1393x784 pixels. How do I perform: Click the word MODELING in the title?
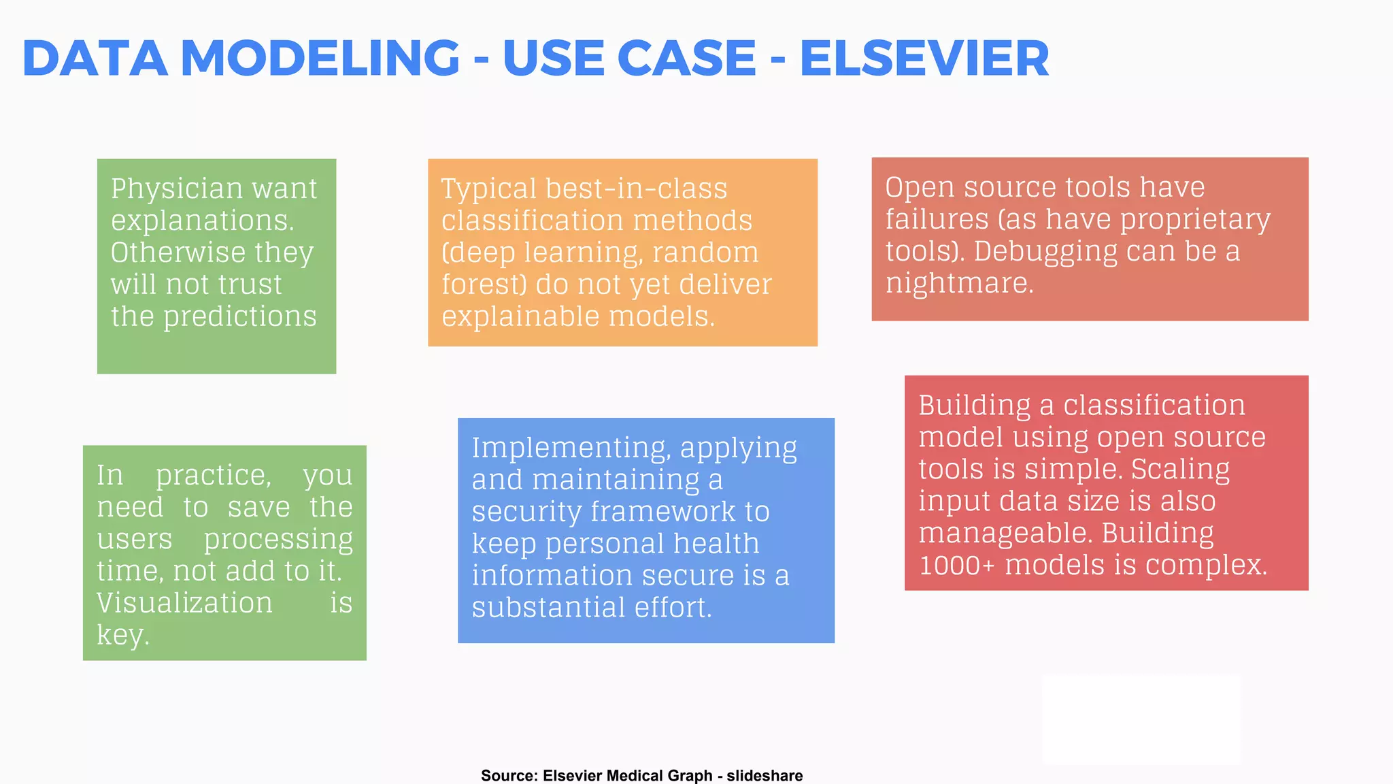coord(320,59)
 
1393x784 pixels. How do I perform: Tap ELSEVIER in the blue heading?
coord(924,59)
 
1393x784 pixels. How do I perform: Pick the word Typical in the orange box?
coord(488,189)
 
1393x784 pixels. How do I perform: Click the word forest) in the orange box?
coord(484,284)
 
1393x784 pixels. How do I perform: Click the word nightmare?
coord(959,283)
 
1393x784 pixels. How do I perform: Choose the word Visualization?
coord(184,603)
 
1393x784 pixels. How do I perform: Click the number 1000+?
coord(957,565)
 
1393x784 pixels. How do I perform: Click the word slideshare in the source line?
coord(765,776)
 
